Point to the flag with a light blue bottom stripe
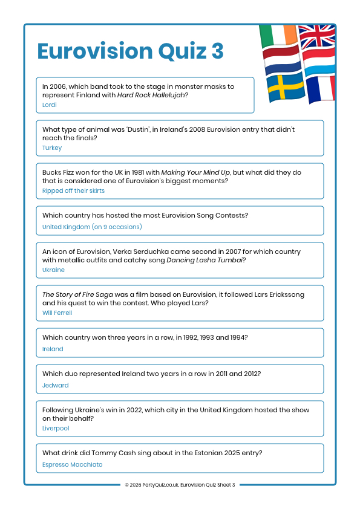tap(318, 64)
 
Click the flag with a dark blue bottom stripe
tap(282, 60)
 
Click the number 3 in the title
tap(217, 51)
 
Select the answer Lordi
tap(50, 105)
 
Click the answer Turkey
tap(52, 148)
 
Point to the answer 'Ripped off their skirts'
tap(73, 190)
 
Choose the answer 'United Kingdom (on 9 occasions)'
tap(92, 227)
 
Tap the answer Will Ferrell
tap(57, 313)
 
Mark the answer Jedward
tap(56, 385)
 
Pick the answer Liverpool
tap(56, 428)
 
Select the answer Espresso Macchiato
tap(73, 464)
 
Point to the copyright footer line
tap(180, 485)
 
